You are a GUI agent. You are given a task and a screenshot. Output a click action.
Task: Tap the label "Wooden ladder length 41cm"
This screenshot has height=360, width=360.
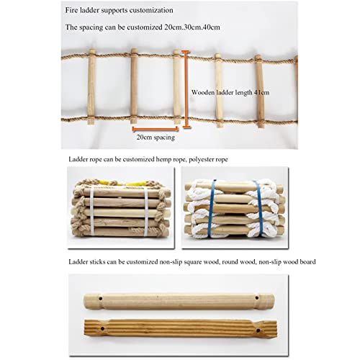click(x=230, y=92)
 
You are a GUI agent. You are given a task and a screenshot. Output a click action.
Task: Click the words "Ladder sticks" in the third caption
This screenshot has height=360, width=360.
click(x=87, y=263)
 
